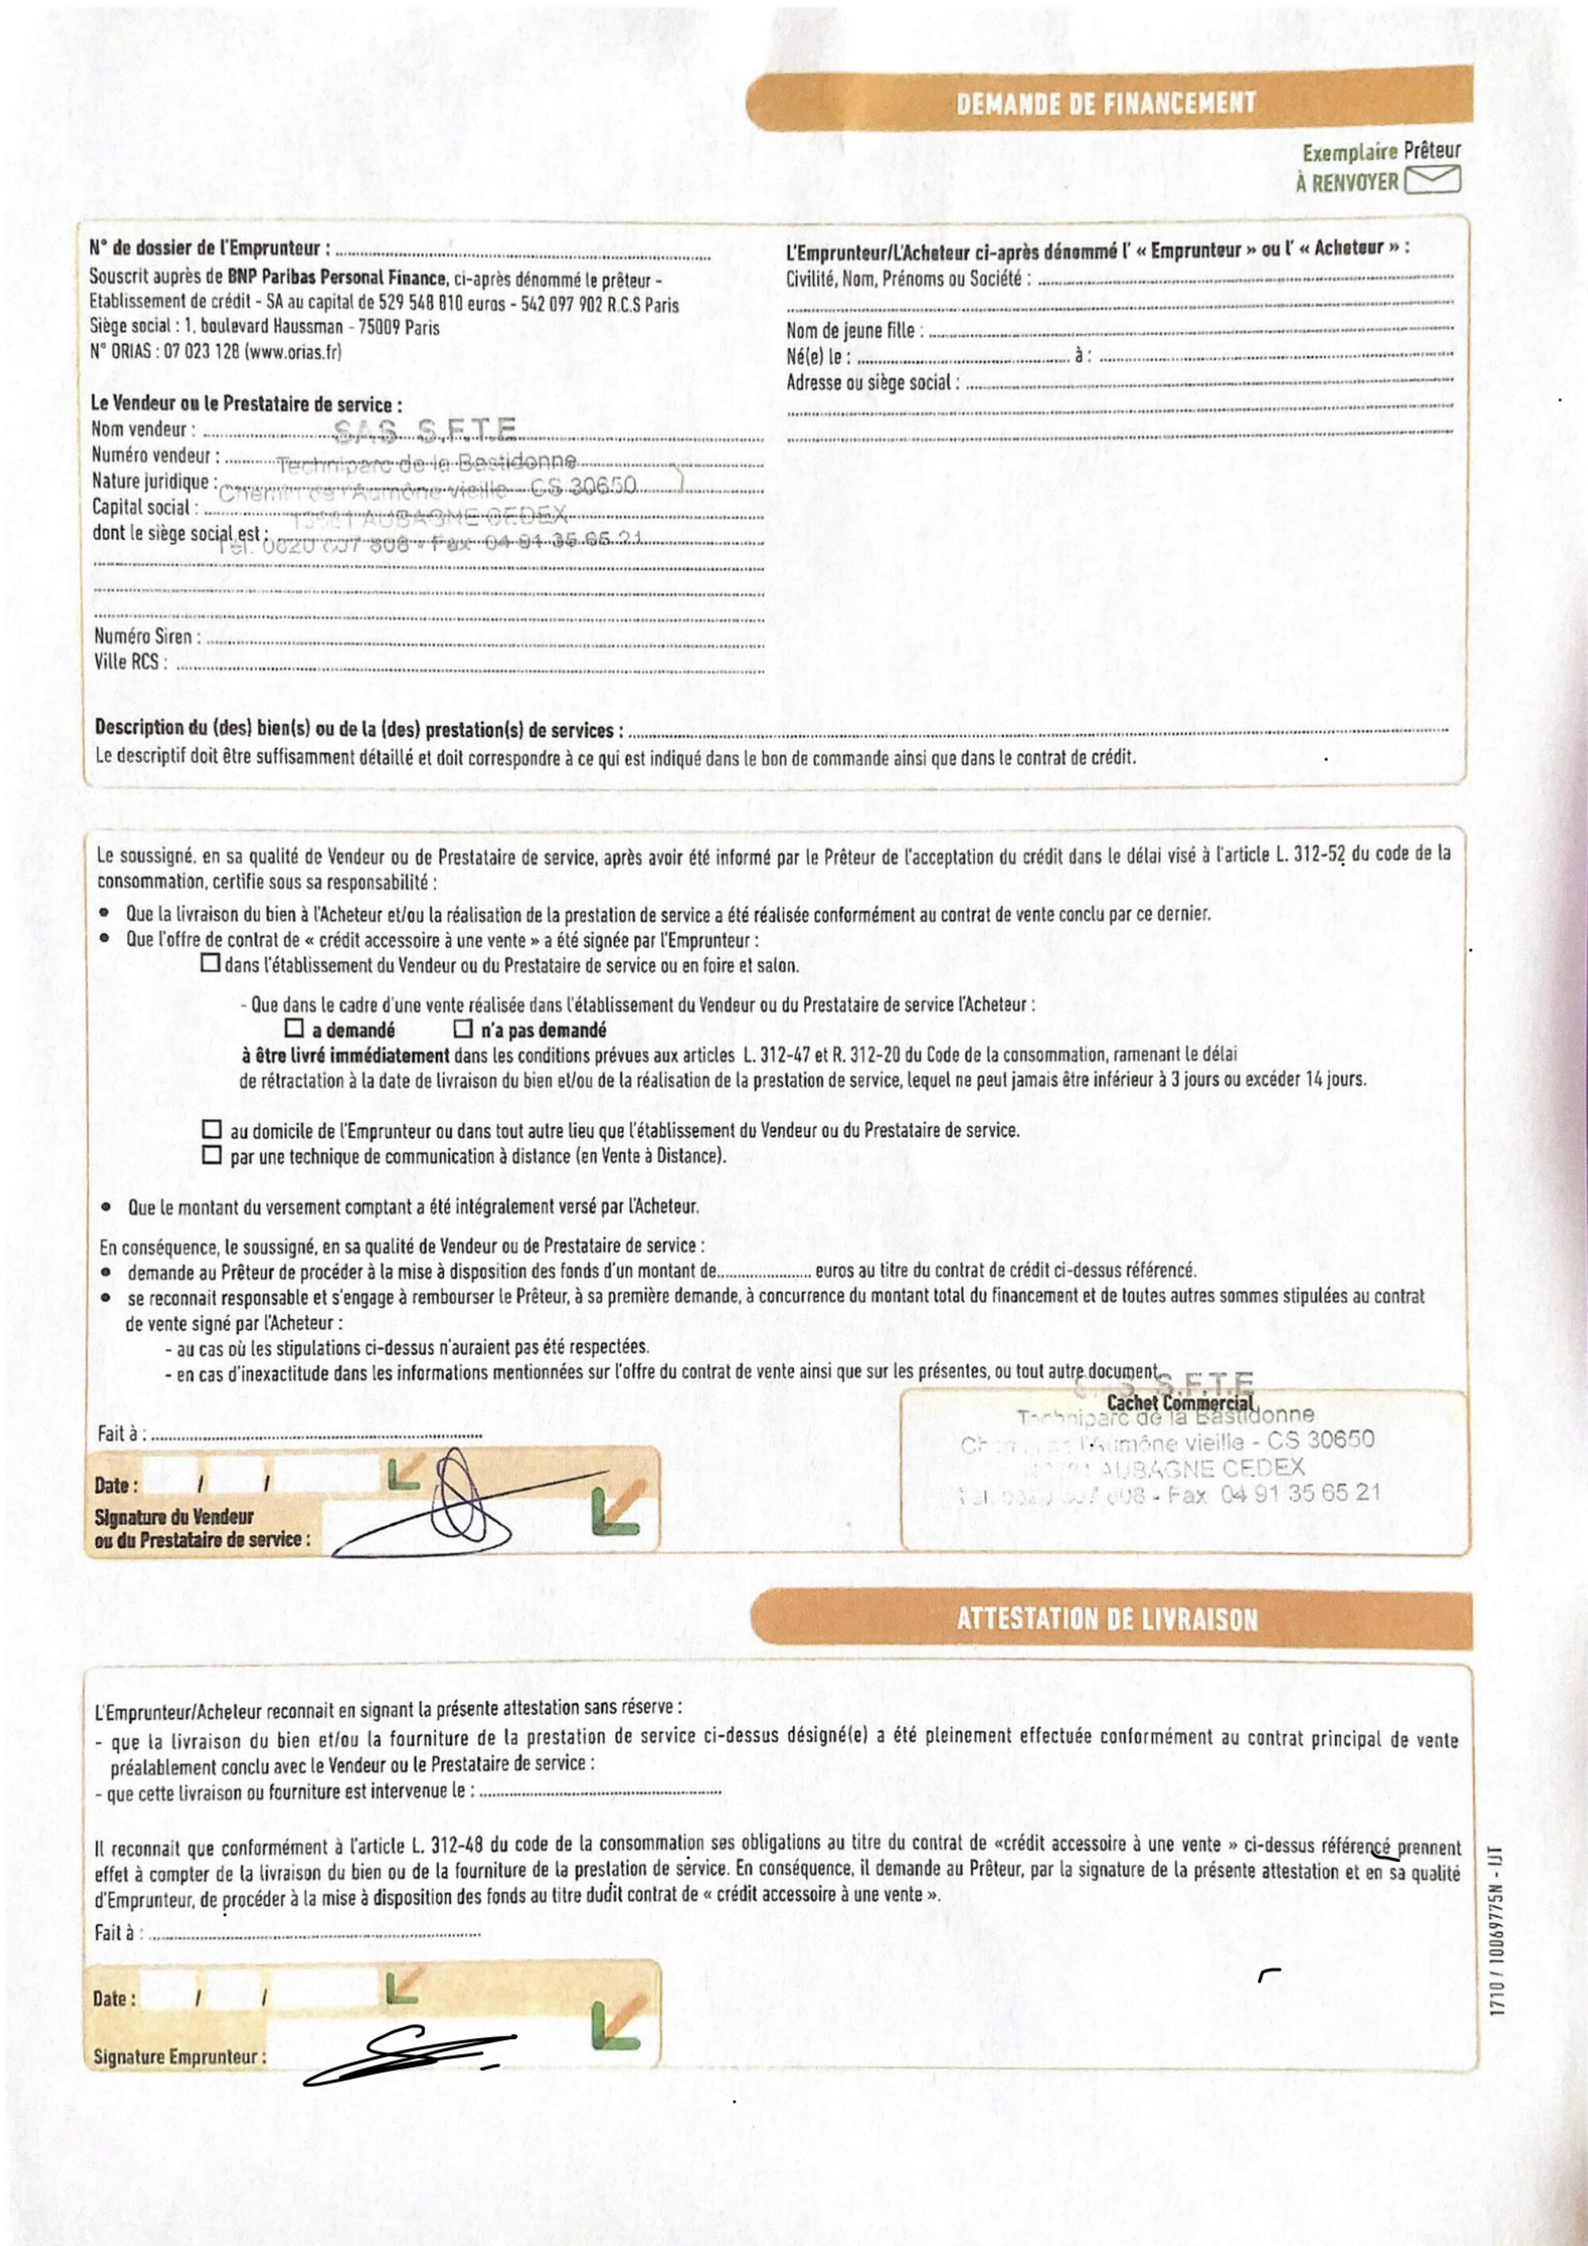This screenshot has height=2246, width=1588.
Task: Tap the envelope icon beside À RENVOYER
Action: (1432, 180)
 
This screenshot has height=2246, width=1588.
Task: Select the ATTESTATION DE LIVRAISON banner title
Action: (1107, 1619)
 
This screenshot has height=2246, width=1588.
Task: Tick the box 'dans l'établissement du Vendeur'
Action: (210, 963)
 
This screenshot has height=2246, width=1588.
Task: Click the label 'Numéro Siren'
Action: (147, 636)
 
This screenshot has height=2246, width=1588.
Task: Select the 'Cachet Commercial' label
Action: (1179, 1404)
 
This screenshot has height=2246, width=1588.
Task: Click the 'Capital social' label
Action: (144, 506)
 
